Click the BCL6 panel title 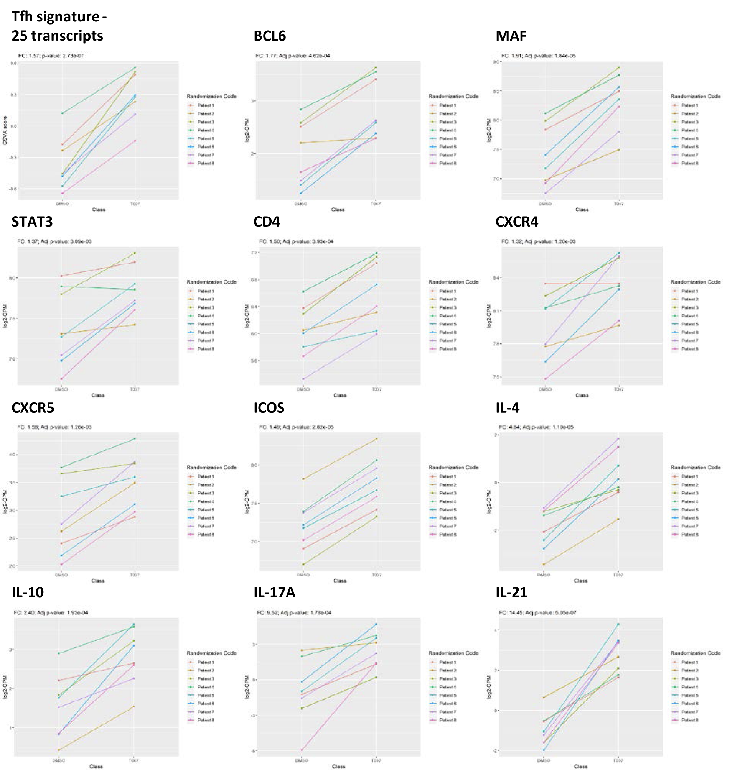point(269,36)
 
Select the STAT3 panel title point(32,222)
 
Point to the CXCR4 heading point(517,222)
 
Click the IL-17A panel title point(275,592)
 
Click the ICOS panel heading point(269,407)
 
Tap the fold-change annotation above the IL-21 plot point(537,613)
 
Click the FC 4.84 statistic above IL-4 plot point(536,427)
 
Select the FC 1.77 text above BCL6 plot point(293,56)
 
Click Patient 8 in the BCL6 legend point(447,163)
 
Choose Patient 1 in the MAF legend point(689,106)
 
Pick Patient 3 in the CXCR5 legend point(206,493)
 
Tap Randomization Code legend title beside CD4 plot point(453,282)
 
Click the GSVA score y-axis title point(5,130)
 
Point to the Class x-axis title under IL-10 point(96,767)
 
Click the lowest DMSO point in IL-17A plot point(302,750)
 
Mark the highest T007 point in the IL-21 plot point(618,624)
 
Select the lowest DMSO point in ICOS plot point(303,564)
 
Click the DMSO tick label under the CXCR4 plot point(545,389)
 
